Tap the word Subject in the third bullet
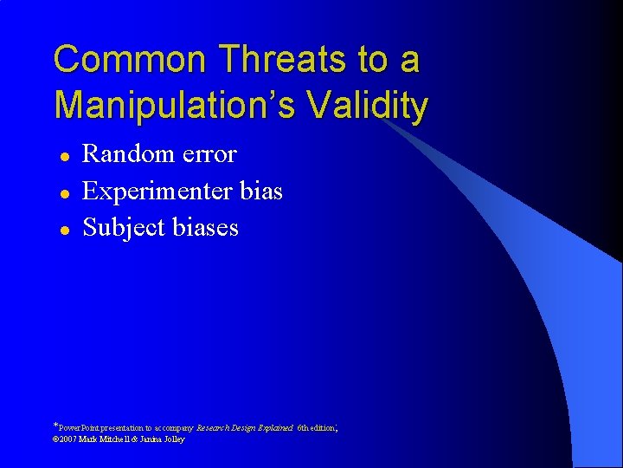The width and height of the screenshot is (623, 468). [x=116, y=228]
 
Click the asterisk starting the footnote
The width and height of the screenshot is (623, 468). [x=56, y=426]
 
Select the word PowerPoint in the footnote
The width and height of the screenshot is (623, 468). [x=79, y=428]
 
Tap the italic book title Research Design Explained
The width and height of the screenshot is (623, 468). [x=245, y=428]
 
